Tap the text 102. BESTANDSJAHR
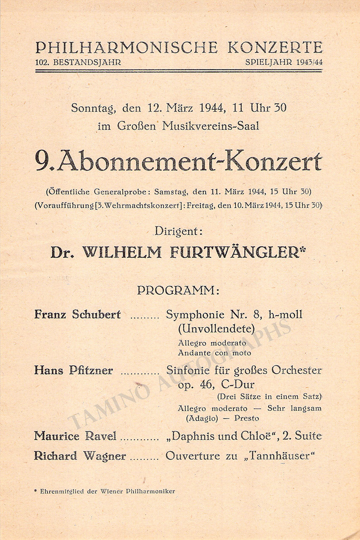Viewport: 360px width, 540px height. [x=78, y=62]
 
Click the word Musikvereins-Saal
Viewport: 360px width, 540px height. [x=211, y=126]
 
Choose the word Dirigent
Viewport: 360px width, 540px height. [x=178, y=231]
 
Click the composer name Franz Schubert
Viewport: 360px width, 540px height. [x=78, y=315]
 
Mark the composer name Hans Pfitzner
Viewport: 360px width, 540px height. [x=73, y=371]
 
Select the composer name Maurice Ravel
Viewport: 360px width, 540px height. [x=75, y=436]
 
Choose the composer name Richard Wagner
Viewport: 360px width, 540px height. [x=80, y=456]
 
